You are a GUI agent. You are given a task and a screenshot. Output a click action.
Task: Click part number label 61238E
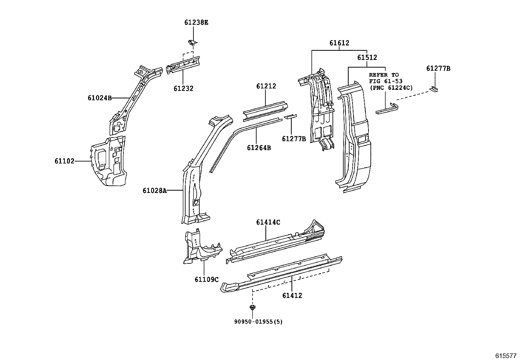pyautogui.click(x=196, y=23)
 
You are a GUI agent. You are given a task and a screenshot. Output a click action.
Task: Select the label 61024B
pyautogui.click(x=100, y=98)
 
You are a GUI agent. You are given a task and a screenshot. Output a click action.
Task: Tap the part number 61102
pyautogui.click(x=64, y=161)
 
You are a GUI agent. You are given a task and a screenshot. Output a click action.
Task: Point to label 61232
pyautogui.click(x=183, y=88)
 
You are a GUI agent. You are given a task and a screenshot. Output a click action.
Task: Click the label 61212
pyautogui.click(x=266, y=86)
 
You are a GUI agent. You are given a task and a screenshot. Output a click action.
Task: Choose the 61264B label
pyautogui.click(x=259, y=148)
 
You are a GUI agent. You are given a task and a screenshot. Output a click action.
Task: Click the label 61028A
pyautogui.click(x=154, y=190)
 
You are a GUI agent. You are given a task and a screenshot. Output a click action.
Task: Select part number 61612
pyautogui.click(x=339, y=43)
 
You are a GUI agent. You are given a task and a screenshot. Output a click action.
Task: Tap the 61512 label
pyautogui.click(x=367, y=58)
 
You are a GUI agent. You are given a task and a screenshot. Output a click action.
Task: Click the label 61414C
pyautogui.click(x=268, y=222)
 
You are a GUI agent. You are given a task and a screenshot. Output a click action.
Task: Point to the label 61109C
pyautogui.click(x=207, y=279)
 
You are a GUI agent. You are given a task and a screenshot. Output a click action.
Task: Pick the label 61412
pyautogui.click(x=292, y=295)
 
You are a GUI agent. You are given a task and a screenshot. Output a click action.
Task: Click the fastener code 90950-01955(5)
pyautogui.click(x=258, y=322)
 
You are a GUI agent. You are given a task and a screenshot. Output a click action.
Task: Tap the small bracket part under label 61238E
pyautogui.click(x=193, y=42)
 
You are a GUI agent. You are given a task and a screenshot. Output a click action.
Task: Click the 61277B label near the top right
pyautogui.click(x=438, y=68)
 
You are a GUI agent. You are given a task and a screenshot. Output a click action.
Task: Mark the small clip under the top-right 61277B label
pyautogui.click(x=434, y=89)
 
